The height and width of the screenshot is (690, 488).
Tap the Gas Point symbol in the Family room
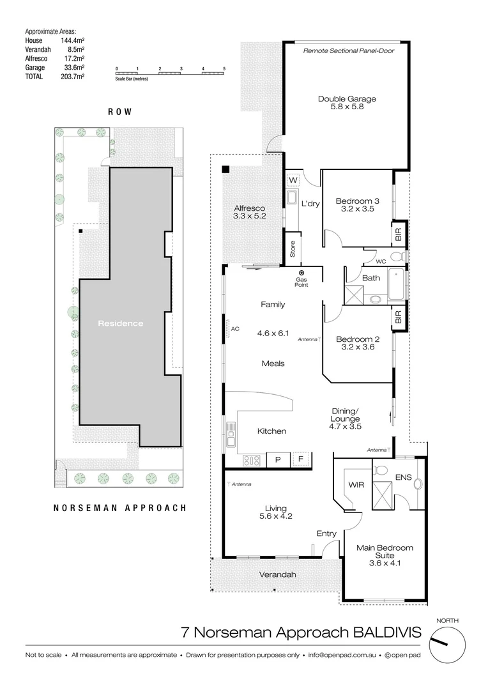pyautogui.click(x=301, y=273)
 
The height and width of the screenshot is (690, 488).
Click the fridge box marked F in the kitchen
pyautogui.click(x=301, y=459)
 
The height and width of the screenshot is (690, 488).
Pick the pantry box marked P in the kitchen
pyautogui.click(x=278, y=459)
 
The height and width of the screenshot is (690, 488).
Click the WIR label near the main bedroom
pyautogui.click(x=355, y=486)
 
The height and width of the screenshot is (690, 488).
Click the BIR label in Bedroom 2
pyautogui.click(x=399, y=318)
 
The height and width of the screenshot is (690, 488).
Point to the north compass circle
pyautogui.click(x=447, y=645)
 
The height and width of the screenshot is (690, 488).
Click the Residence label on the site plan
pyautogui.click(x=121, y=323)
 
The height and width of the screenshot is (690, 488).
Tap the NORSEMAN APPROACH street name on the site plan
pyautogui.click(x=119, y=509)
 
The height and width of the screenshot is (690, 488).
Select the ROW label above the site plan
pyautogui.click(x=120, y=111)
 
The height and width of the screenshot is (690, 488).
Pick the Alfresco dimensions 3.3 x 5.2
pyautogui.click(x=249, y=217)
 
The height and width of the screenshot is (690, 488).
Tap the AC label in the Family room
pyautogui.click(x=234, y=329)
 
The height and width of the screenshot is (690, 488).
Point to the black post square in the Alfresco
pyautogui.click(x=226, y=169)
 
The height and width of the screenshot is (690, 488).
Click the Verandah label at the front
pyautogui.click(x=277, y=574)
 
